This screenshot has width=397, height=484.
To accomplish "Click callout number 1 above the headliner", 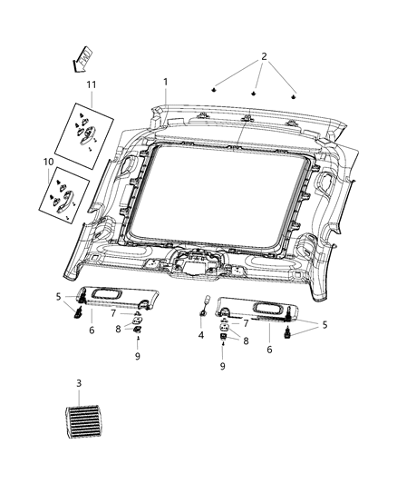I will click(165, 82).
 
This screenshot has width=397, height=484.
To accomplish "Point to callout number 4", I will click(200, 335).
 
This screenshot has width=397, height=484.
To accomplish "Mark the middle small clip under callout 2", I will click(255, 92).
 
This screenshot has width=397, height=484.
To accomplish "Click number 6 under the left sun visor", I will click(92, 330).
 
